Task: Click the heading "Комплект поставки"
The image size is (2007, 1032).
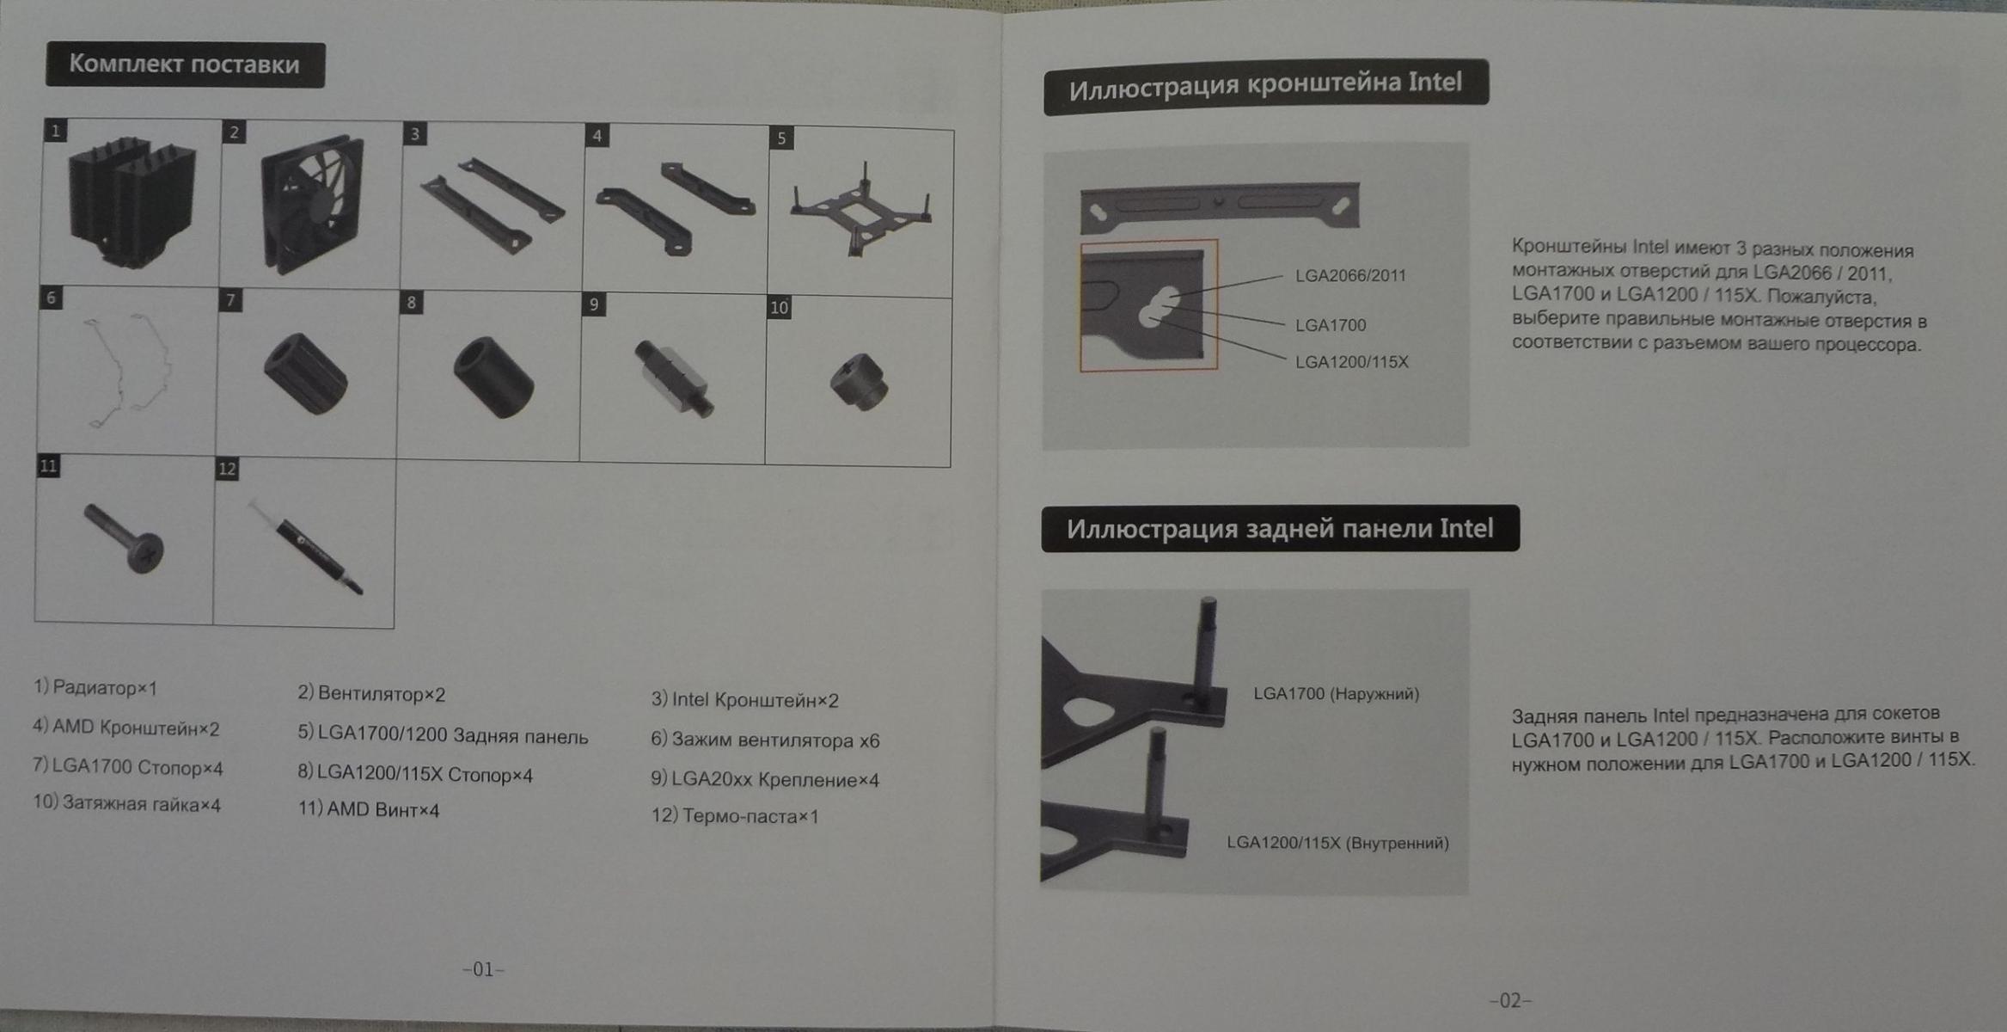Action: [185, 64]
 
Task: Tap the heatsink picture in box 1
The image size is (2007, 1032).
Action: [132, 203]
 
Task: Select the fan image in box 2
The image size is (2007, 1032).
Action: [311, 205]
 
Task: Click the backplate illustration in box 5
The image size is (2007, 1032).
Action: [860, 211]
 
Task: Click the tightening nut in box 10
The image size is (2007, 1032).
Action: [859, 382]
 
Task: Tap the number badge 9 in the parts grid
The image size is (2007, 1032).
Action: [593, 305]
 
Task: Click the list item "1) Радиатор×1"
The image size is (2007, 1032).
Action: [95, 688]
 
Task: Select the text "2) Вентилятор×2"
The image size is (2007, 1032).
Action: [371, 693]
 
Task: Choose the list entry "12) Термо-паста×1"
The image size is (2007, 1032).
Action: [735, 815]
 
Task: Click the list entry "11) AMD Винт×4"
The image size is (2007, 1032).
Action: [369, 809]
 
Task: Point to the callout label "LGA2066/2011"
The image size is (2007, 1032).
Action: [1350, 276]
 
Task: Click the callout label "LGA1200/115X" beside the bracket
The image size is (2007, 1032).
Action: [1352, 362]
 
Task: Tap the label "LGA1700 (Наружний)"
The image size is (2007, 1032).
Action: [1336, 694]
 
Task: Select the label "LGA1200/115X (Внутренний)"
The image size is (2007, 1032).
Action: [1337, 843]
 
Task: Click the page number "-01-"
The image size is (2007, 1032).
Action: [483, 969]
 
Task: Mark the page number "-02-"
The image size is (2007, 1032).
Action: [1510, 1000]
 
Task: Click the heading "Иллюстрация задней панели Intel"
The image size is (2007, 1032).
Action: [1280, 528]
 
